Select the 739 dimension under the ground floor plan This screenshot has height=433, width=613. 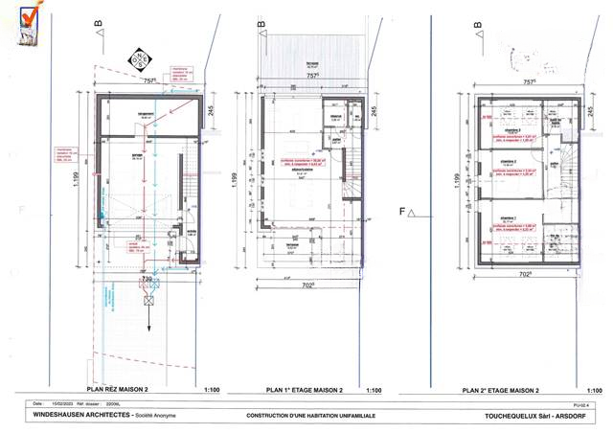147,278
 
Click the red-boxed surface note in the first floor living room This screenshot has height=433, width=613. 300,163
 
